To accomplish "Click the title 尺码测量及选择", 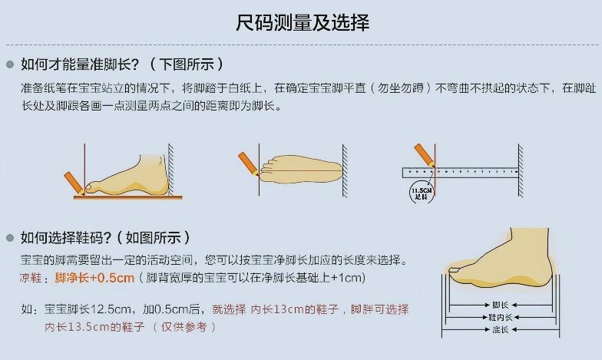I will click(x=302, y=23).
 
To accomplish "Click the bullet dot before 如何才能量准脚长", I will click(x=10, y=64).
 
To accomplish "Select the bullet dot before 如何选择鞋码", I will click(x=10, y=237).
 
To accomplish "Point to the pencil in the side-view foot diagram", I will click(x=74, y=182).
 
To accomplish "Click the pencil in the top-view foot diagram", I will click(x=250, y=163).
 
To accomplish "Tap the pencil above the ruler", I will click(x=424, y=154).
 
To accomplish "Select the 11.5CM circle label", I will click(x=421, y=191).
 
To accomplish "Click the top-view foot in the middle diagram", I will click(x=299, y=168).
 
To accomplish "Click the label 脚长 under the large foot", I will click(x=500, y=305).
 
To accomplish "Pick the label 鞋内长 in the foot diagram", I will click(x=500, y=317).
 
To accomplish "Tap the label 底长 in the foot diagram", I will click(x=500, y=329).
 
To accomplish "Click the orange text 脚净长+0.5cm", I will click(x=94, y=277).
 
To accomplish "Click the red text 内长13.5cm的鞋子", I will click(x=94, y=327).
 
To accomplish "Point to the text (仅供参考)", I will click(x=184, y=327).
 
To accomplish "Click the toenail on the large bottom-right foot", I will click(x=455, y=270).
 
